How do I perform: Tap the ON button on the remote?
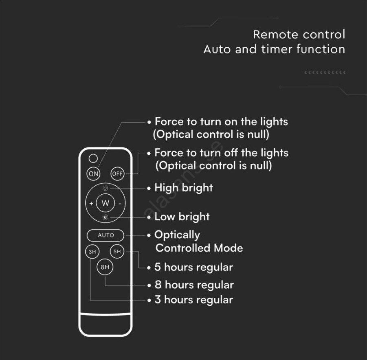click(x=93, y=173)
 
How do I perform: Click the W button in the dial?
click(x=105, y=203)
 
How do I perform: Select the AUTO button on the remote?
click(x=105, y=235)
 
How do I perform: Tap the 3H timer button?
click(x=92, y=252)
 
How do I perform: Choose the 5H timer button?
click(x=117, y=251)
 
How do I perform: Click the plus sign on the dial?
click(x=91, y=203)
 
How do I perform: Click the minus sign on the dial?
click(x=120, y=204)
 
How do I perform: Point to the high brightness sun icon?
click(x=105, y=188)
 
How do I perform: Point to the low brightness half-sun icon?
click(x=105, y=217)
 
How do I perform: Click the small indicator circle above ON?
click(x=93, y=158)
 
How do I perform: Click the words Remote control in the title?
click(x=299, y=35)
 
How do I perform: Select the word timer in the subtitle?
click(x=277, y=49)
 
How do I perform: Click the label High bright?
click(x=184, y=188)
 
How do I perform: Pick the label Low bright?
click(x=182, y=217)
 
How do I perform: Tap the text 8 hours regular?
click(x=194, y=285)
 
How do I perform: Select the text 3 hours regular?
click(x=194, y=300)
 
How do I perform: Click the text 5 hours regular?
click(x=194, y=267)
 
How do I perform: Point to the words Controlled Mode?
click(x=199, y=248)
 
